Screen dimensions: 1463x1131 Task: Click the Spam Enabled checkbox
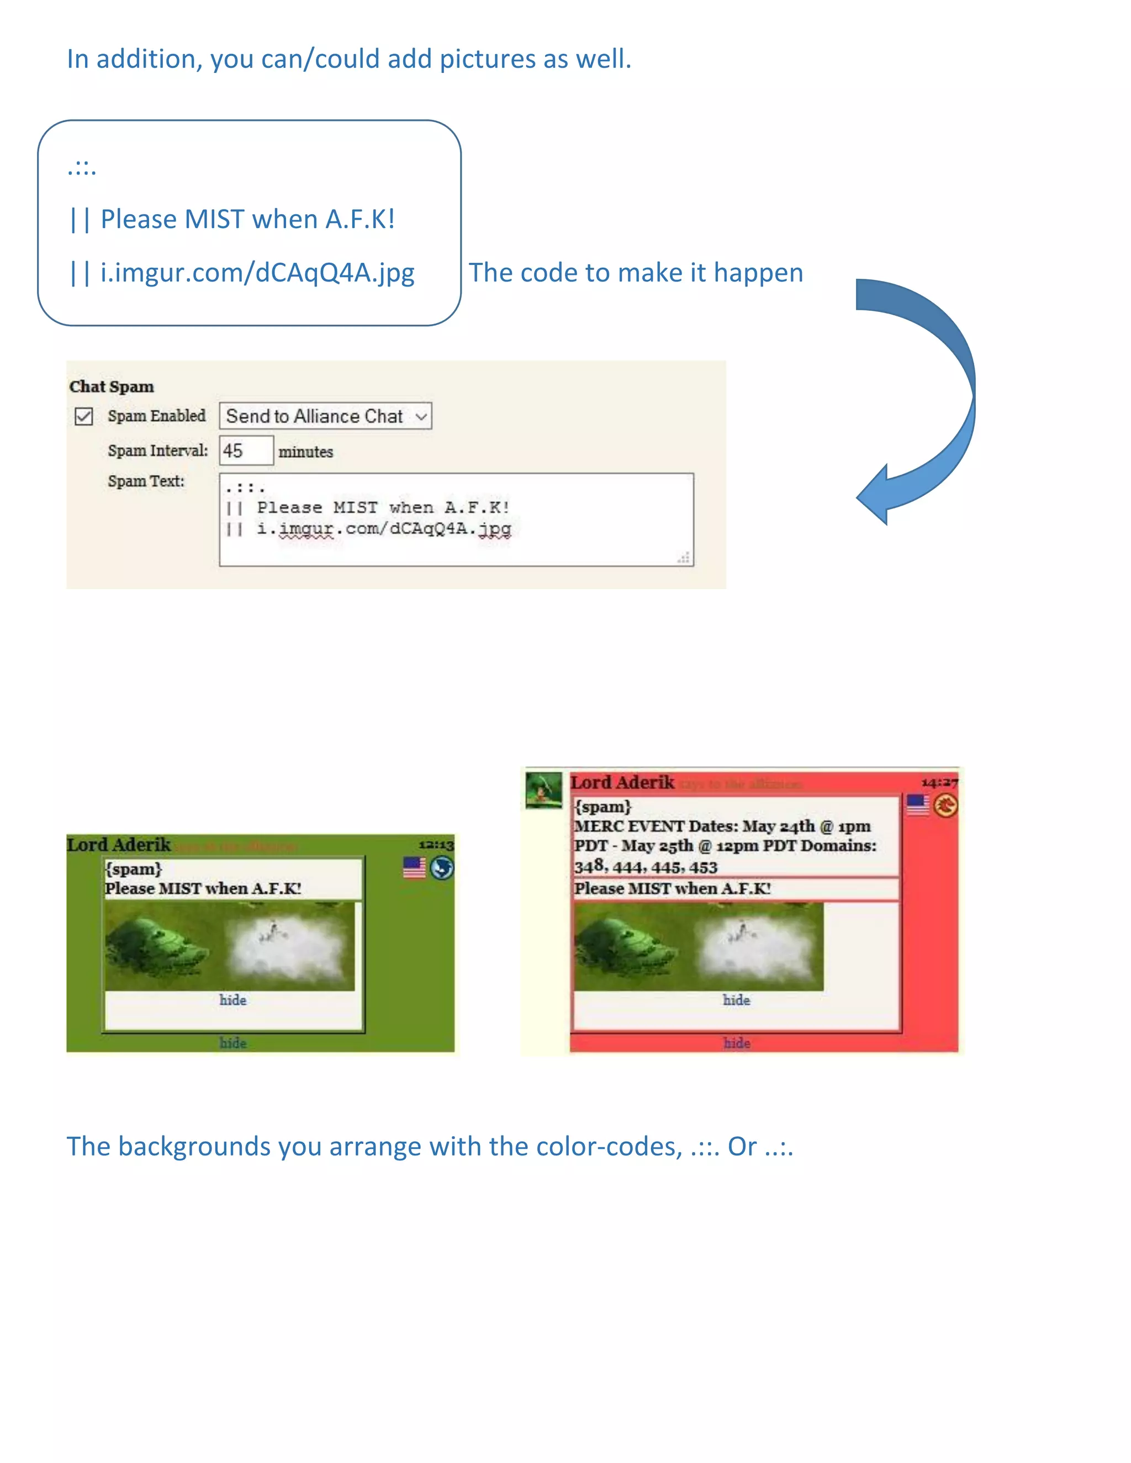pos(84,417)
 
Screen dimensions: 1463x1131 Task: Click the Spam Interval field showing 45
pos(246,451)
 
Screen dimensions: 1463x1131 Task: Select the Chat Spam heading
pos(111,386)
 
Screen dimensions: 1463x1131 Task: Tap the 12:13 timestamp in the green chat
pos(436,845)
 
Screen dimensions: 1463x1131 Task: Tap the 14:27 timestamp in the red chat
pos(939,782)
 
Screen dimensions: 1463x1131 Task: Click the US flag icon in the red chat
pos(917,804)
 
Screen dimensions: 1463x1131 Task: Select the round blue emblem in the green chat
pos(442,868)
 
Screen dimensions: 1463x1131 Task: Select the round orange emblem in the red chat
pos(945,805)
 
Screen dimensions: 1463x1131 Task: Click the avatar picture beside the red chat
pos(543,790)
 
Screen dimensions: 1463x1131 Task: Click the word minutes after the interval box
pos(305,452)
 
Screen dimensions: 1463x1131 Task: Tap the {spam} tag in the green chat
pos(133,869)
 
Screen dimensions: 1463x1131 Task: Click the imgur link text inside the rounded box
pos(257,273)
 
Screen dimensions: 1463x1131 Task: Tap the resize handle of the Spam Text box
pos(684,558)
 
